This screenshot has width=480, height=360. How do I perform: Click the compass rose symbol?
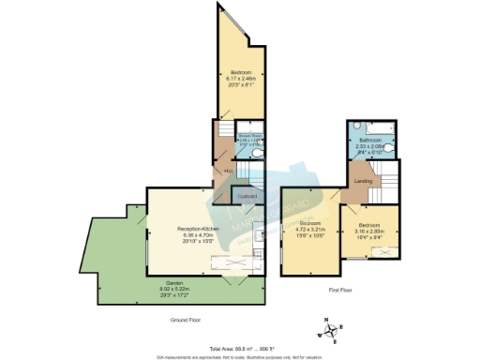tap(328, 329)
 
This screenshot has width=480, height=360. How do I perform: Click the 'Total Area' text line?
tap(240, 347)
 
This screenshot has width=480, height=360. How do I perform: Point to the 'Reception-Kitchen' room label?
tap(198, 228)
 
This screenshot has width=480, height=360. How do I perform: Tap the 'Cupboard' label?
tap(247, 196)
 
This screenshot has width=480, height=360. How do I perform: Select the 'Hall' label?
tap(227, 172)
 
